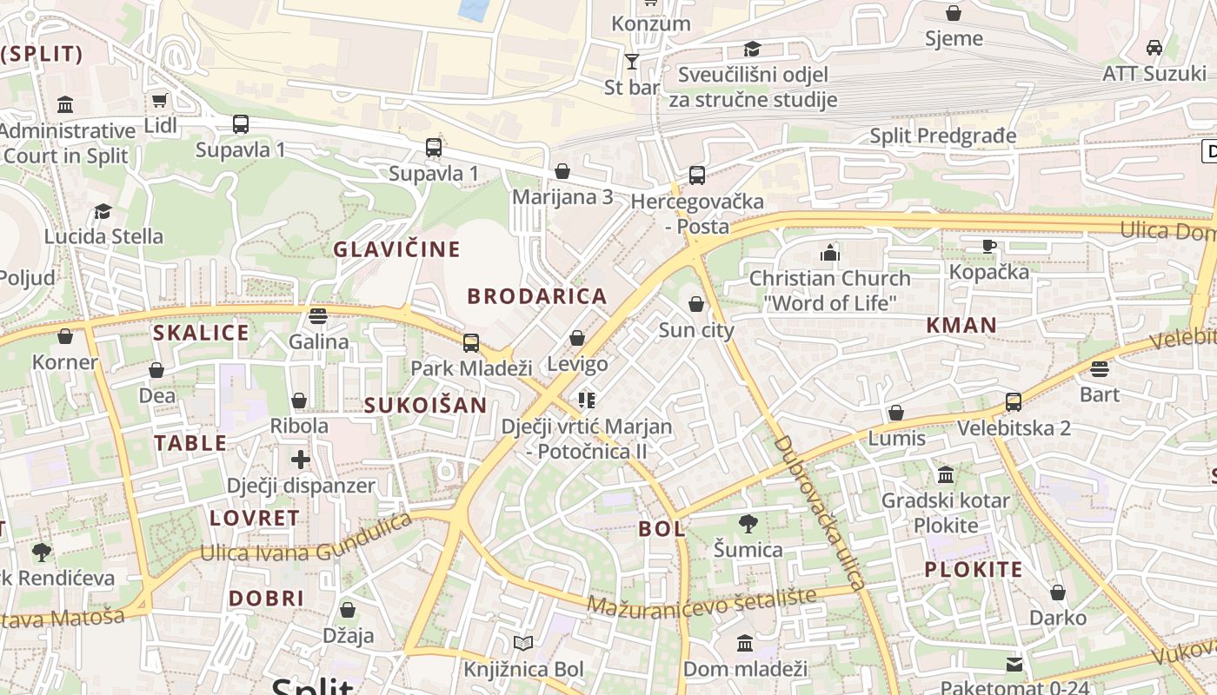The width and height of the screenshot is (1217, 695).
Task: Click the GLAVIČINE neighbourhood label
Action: coord(397,249)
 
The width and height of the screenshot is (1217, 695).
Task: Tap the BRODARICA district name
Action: coord(537,296)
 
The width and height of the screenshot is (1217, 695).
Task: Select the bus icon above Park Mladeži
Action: coord(471,342)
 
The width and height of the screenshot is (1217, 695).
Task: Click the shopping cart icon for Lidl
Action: coord(159,101)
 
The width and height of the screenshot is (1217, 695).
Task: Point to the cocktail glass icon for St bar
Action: coord(632,62)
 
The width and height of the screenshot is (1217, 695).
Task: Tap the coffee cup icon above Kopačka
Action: coord(988,247)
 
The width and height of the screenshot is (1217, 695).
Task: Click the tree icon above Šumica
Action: coord(748,524)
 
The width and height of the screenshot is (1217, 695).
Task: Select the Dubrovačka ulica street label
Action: coord(820,513)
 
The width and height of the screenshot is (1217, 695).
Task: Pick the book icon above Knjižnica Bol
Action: coord(522,644)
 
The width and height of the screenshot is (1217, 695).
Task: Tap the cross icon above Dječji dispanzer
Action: coord(301,460)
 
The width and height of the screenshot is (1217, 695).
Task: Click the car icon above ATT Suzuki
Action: coord(1154,48)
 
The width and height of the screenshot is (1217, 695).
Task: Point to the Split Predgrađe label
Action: coord(943,136)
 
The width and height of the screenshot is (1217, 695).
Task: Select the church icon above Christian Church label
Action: coord(830,254)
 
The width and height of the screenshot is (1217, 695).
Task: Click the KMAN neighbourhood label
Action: coord(961,326)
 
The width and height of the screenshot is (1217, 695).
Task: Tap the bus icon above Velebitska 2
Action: coord(1014,402)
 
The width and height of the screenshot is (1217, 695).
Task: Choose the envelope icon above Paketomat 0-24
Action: coord(1014,665)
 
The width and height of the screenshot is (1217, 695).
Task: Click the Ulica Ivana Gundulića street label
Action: coord(306,539)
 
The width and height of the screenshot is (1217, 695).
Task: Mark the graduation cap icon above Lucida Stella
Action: coord(103,211)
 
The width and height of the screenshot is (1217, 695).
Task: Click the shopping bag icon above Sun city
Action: coord(696,304)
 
